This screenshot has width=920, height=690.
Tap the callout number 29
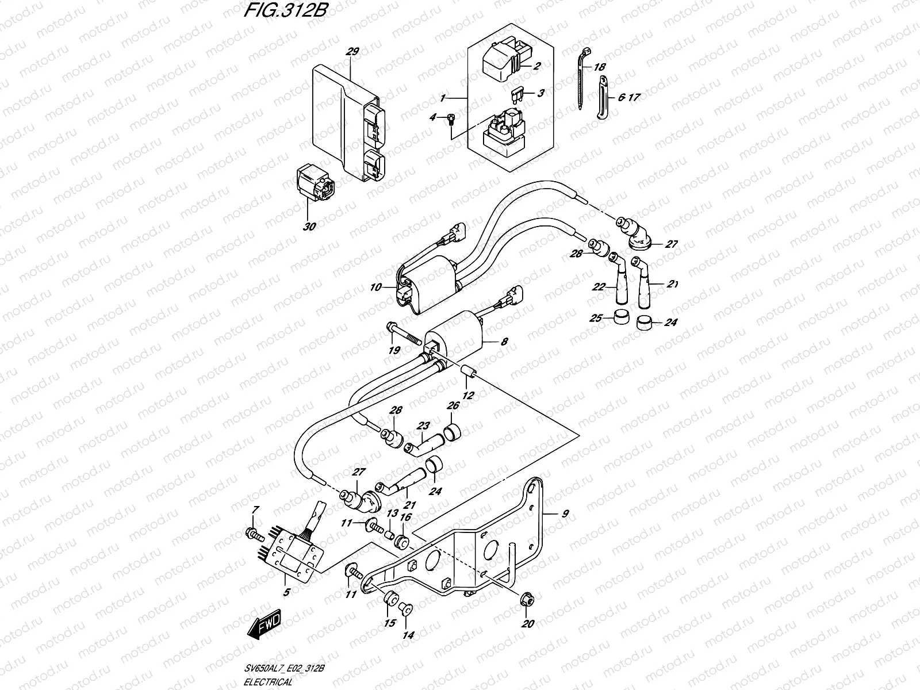[x=352, y=52]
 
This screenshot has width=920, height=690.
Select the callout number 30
[x=309, y=227]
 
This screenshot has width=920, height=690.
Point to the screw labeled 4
[x=451, y=120]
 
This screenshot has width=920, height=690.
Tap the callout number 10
[x=375, y=287]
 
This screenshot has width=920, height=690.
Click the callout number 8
[x=504, y=342]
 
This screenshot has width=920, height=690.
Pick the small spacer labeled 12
[x=467, y=373]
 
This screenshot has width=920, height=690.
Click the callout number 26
[x=453, y=406]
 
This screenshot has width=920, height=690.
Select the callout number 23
[x=423, y=427]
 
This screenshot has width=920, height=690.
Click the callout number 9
[x=565, y=513]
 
